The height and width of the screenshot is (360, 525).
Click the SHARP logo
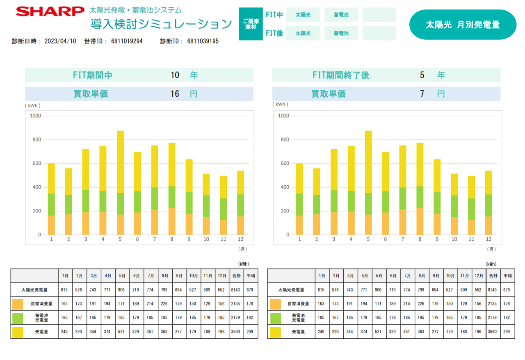pos(50,11)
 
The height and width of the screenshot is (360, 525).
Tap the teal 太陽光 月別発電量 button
pos(463,25)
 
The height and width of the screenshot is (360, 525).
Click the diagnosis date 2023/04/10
pos(60,41)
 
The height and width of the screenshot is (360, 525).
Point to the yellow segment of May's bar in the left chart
pos(120,162)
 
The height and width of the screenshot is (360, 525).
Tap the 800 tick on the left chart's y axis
pos(36,140)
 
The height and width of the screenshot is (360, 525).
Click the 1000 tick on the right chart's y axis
pos(284,116)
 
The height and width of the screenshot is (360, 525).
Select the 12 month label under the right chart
pos(488,239)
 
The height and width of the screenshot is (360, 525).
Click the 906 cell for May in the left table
pos(122,290)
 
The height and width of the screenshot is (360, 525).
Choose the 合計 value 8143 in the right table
pos(493,290)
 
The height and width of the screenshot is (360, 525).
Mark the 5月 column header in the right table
pos(379,276)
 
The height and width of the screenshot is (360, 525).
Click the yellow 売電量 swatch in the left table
pos(18,332)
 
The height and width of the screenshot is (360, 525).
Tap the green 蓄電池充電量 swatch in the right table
pos(275,318)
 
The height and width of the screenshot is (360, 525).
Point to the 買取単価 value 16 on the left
pos(175,94)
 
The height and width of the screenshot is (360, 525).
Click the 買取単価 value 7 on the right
pos(422,94)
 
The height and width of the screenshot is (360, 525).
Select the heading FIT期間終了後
pos(341,75)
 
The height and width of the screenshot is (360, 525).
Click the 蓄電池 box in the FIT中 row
pos(341,15)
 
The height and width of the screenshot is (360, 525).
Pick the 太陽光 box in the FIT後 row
pos(303,34)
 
